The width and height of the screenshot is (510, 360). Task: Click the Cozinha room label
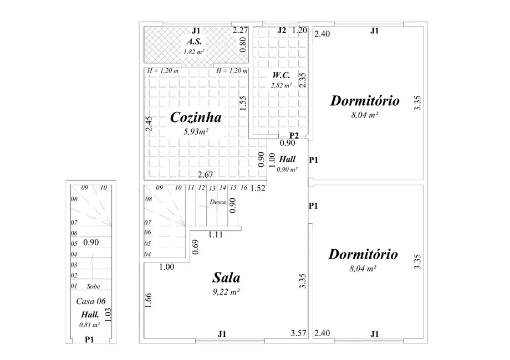(196, 117)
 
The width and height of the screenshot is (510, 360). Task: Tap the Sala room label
(227, 277)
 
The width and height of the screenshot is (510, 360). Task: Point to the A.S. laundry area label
(194, 42)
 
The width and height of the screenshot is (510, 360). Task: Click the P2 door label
(294, 136)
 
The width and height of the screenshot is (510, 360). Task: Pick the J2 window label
(282, 30)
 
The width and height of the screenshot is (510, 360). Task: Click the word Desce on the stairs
(218, 202)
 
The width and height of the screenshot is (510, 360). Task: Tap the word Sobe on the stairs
(94, 286)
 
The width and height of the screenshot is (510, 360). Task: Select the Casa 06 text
(90, 301)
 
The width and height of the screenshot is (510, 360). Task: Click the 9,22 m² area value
(227, 291)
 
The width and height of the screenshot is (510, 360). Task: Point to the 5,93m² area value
(196, 132)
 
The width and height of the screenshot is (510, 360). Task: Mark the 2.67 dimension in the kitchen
(206, 176)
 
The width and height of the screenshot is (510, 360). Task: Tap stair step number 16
(243, 188)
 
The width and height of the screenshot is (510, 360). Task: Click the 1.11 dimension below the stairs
(216, 235)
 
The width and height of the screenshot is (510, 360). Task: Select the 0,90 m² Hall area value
(288, 169)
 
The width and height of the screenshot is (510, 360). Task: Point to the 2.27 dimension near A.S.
(240, 30)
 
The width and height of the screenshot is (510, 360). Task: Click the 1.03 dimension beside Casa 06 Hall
(109, 314)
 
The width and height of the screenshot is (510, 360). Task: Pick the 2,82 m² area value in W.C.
(282, 85)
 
